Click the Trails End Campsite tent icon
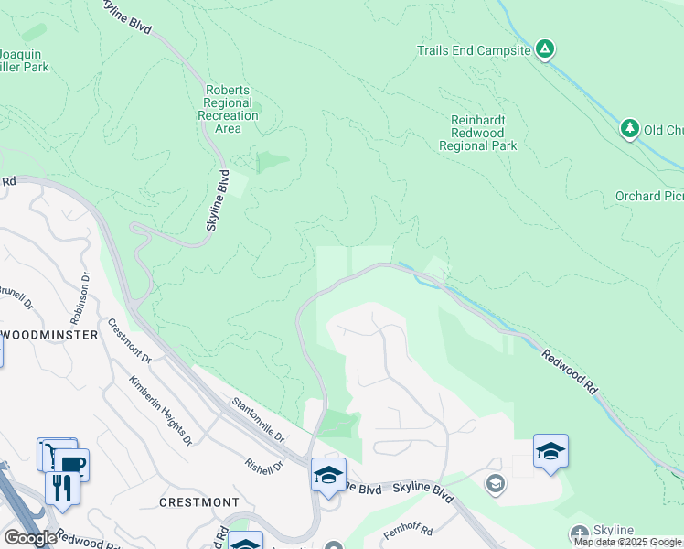coord(545,49)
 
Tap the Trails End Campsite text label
coord(474,51)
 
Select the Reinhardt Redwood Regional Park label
coord(477,133)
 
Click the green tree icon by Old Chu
coord(629,129)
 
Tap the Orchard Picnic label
coord(649,196)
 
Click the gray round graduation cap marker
coord(496,484)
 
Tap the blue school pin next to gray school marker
coord(550,452)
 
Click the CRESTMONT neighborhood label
coord(199,502)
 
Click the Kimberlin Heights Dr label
coord(161,410)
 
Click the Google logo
coord(30,538)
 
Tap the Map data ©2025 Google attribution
coord(628,543)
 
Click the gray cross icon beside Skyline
coord(578,533)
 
